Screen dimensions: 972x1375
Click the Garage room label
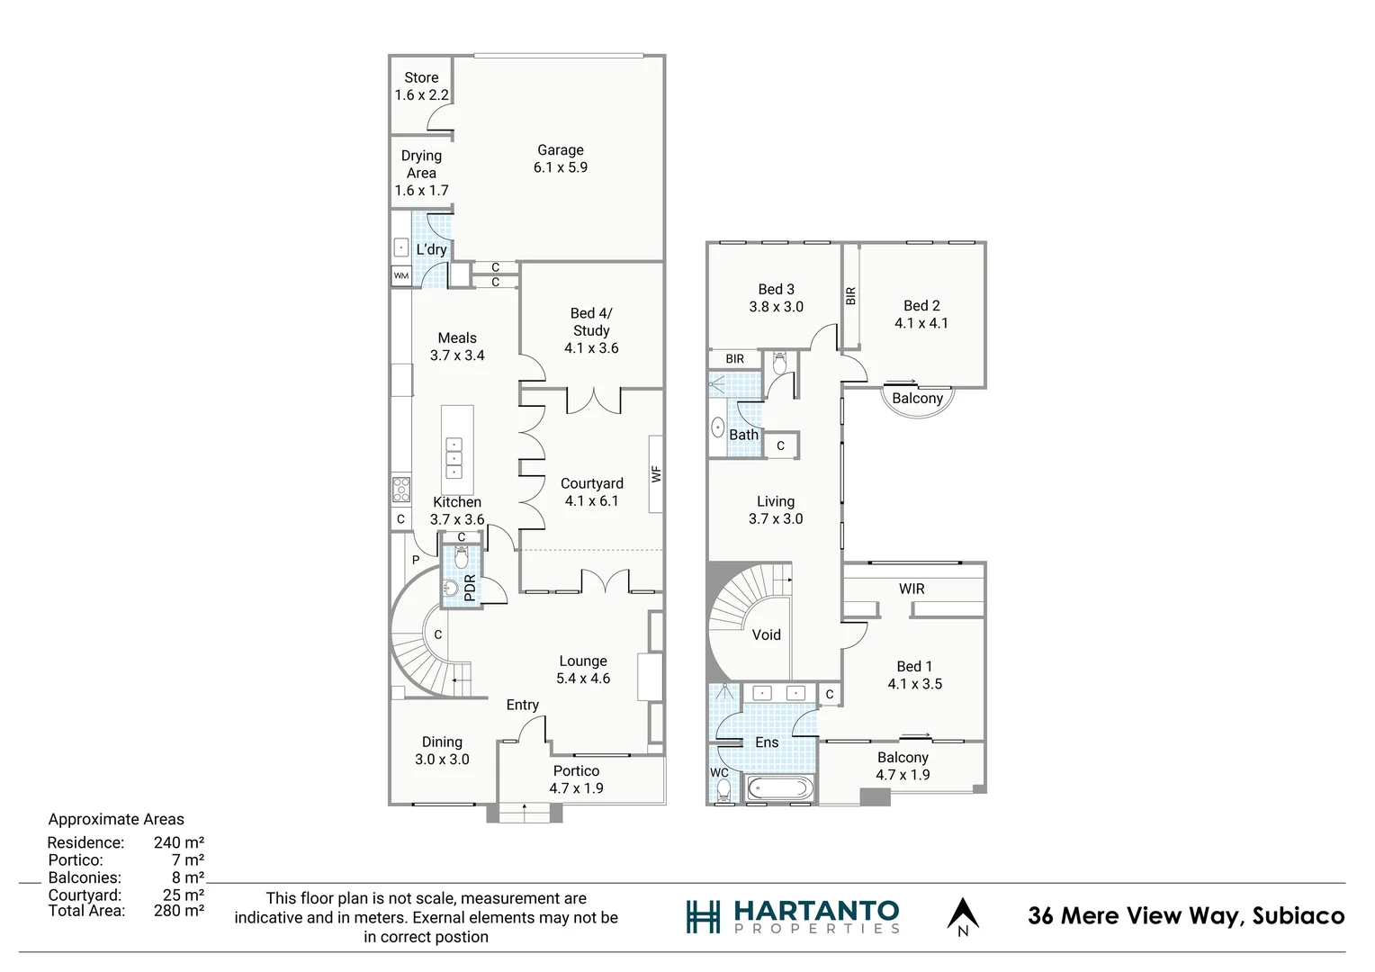[x=560, y=158]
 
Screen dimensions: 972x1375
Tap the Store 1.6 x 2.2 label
[x=421, y=85]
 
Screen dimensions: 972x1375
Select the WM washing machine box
[x=400, y=276]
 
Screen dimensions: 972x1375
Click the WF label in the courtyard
[x=657, y=473]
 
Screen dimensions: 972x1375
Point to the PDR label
[x=469, y=588]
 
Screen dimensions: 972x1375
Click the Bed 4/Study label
[x=591, y=330]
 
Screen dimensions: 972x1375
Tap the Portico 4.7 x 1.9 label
[x=576, y=779]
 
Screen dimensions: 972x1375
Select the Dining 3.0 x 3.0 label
[x=442, y=751]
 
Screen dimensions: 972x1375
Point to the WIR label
[x=912, y=589]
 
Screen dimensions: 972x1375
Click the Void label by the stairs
[x=766, y=634]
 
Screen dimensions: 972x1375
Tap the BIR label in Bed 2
[x=851, y=295]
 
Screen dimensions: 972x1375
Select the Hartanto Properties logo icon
[x=703, y=916]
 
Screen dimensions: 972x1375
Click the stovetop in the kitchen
[x=400, y=490]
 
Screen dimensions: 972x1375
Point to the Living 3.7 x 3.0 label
[x=775, y=509]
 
